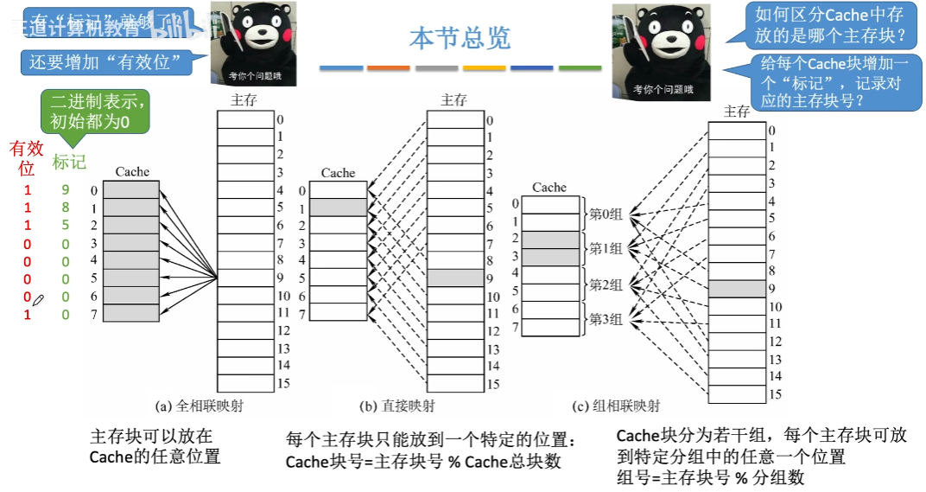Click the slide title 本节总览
pos(460,37)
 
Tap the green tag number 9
pos(65,189)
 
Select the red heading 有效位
pos(26,157)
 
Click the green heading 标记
pos(69,162)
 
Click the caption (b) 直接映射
pos(398,406)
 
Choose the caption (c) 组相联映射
pos(616,406)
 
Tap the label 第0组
pos(606,214)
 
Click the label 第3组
pos(606,319)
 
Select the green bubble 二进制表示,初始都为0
pos(95,112)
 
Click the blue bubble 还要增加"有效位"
pos(111,62)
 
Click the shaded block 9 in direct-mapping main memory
pos(455,278)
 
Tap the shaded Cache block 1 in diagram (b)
pos(338,208)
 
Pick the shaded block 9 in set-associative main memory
pos(737,288)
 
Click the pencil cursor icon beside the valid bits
pos(38,299)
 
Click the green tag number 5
pos(65,226)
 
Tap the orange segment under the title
pos(388,67)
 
